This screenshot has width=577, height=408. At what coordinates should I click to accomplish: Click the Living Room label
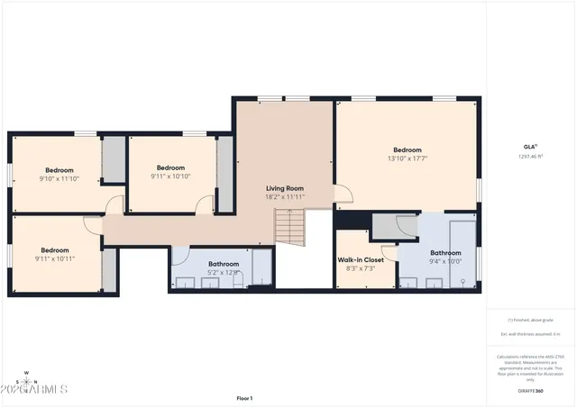click(x=284, y=187)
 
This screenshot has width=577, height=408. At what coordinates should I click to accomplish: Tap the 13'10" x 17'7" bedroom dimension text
click(x=407, y=159)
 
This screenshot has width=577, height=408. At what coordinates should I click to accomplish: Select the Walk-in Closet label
click(x=361, y=259)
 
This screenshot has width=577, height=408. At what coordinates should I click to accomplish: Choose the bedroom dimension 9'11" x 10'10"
click(x=170, y=177)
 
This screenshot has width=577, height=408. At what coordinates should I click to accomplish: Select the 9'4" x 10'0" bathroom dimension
click(x=445, y=263)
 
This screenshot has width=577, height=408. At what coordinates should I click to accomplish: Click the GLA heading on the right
click(x=530, y=146)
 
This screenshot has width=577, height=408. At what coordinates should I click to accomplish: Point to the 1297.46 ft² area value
click(x=530, y=156)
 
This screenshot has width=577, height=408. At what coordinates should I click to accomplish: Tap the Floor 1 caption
click(x=244, y=397)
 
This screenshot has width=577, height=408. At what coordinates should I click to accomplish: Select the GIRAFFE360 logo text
click(x=530, y=391)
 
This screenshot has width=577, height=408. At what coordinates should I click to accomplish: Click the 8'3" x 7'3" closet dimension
click(x=361, y=268)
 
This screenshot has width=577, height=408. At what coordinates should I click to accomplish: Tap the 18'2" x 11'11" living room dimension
click(x=284, y=196)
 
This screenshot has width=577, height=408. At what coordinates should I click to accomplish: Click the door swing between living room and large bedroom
click(x=343, y=194)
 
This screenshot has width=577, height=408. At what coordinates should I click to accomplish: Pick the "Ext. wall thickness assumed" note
click(x=530, y=334)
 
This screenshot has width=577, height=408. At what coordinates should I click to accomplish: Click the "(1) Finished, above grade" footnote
click(x=530, y=320)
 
